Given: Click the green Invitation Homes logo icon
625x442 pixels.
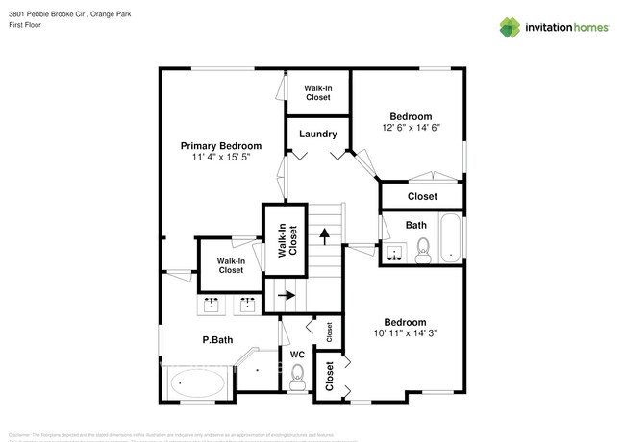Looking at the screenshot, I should point(509,27).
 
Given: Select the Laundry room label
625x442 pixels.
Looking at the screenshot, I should point(317,134).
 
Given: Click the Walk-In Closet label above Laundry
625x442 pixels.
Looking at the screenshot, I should point(317,92).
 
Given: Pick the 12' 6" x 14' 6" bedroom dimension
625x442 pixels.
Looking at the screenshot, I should point(411,127).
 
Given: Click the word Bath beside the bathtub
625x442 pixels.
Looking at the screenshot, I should point(415,225).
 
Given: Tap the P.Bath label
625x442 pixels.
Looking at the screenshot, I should point(217,339).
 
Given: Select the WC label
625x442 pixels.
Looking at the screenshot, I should point(298,355).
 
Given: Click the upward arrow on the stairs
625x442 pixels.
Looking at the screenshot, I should point(325,233).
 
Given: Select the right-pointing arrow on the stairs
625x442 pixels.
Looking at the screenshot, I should point(286,297).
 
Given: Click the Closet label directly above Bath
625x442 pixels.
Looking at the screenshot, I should point(421,196).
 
